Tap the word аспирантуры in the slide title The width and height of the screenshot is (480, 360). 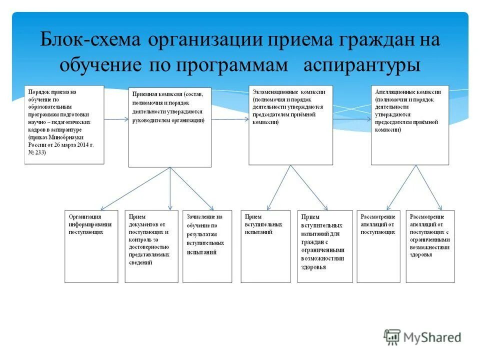pos(361,65)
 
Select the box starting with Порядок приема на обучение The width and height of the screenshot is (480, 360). pos(64,124)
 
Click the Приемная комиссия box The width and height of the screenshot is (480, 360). pos(170,127)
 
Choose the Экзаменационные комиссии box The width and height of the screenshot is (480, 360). pos(290,125)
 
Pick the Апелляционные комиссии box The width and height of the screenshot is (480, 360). pos(410,125)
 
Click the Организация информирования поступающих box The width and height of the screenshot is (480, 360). pos(91,246)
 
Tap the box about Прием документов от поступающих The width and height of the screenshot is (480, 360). pos(151,246)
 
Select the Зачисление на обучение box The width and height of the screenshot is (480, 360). pos(207,246)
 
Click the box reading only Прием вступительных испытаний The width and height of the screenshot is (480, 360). pos(265,246)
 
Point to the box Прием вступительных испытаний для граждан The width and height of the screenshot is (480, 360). pos(325,246)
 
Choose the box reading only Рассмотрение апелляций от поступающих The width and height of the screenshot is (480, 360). pos(378,246)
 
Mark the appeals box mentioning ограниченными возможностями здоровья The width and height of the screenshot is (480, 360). pos(430,246)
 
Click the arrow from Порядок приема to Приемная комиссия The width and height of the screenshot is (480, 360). pos(116,119)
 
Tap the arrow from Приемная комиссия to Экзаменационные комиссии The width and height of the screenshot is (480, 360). pos(230,119)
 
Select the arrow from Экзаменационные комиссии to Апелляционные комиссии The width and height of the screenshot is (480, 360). pos(352,119)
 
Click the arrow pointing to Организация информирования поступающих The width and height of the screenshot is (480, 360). pos(135,188)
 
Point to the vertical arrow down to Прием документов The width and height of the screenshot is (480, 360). pos(170,188)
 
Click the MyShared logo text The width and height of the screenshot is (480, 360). pos(432,337)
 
